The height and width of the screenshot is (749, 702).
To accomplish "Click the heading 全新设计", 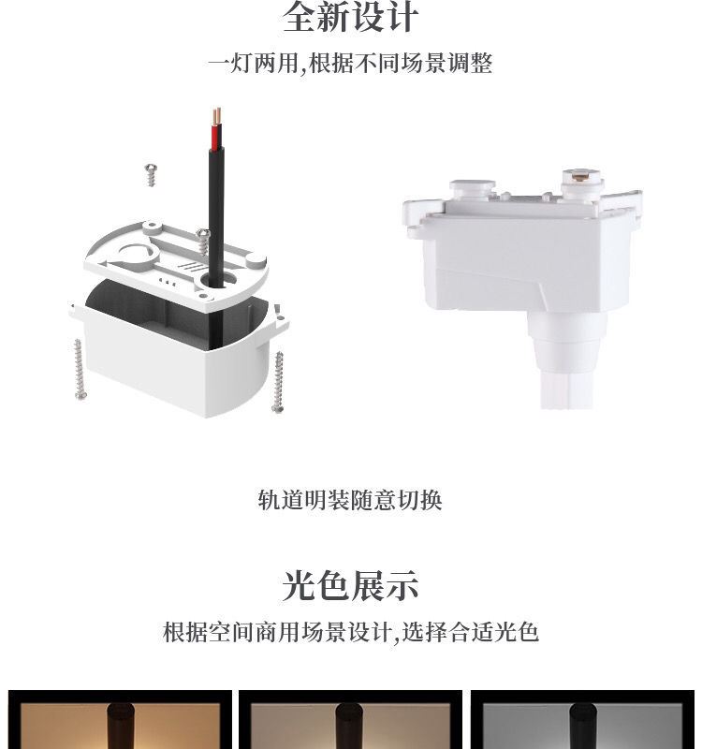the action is click(x=350, y=17).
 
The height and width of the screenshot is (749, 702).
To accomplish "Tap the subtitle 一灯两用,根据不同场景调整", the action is click(x=350, y=63).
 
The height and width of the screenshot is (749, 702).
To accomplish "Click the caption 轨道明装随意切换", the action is click(x=350, y=500).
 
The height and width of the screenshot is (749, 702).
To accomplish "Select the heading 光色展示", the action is click(x=350, y=585).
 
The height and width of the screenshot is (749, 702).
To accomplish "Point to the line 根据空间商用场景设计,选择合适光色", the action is click(x=351, y=631).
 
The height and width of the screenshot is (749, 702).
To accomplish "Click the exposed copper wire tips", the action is click(x=217, y=115).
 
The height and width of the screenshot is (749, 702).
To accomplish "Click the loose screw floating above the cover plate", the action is click(x=151, y=175).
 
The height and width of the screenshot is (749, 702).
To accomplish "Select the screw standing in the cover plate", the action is click(x=203, y=242).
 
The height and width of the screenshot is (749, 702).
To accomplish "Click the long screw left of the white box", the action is click(x=80, y=369).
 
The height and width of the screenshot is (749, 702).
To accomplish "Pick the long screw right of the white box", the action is click(x=278, y=382).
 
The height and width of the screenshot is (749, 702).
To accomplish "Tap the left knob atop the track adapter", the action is click(x=473, y=188).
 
